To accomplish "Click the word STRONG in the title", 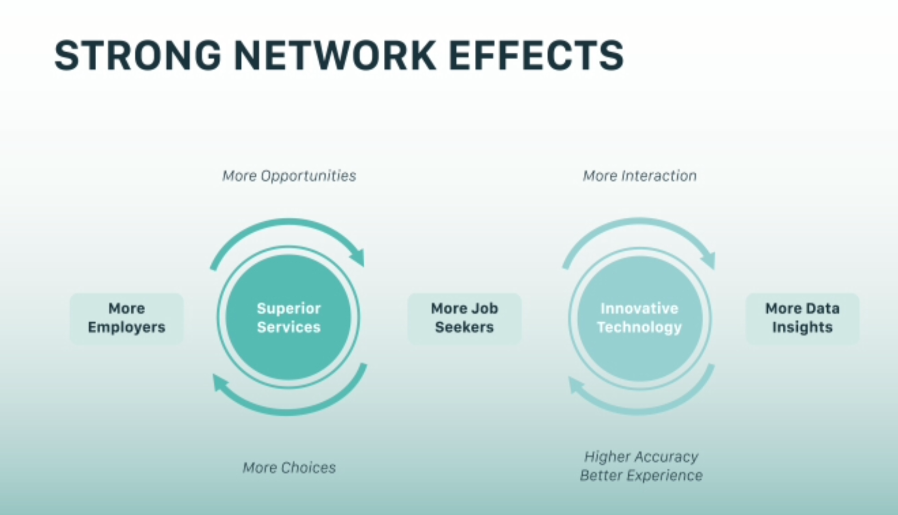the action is click(x=138, y=55).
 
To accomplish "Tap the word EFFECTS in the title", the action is click(x=536, y=55).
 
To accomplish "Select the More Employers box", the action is click(x=127, y=319).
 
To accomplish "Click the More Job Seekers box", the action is click(x=465, y=319).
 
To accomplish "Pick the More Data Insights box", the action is click(x=802, y=319).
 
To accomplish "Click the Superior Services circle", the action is click(x=288, y=317).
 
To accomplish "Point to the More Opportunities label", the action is click(x=289, y=176).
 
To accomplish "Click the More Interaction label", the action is click(x=640, y=176).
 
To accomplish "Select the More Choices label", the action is click(x=289, y=467).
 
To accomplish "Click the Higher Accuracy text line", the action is click(x=641, y=457).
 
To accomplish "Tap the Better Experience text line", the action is click(x=641, y=475).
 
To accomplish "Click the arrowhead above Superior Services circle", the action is click(x=358, y=257).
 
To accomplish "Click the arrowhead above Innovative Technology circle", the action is click(x=708, y=259).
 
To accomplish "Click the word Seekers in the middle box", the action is click(x=465, y=327).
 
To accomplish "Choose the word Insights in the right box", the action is click(x=802, y=327).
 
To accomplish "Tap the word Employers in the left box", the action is click(x=127, y=327).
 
